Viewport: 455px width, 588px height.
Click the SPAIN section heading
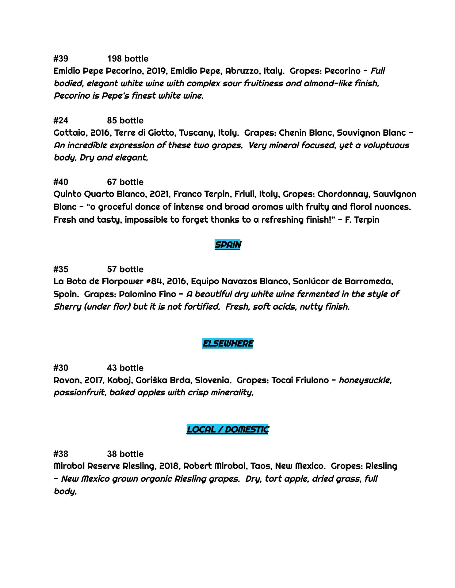point(227,245)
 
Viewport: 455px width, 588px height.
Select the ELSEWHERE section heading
point(227,343)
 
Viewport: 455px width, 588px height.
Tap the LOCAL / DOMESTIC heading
point(227,429)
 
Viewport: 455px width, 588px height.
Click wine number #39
point(61,58)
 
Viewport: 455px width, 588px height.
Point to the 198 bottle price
point(128,58)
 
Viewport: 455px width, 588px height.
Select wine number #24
point(61,120)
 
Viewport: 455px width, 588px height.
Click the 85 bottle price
point(125,120)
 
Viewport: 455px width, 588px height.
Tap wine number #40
point(61,182)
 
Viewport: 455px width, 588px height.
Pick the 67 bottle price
point(125,182)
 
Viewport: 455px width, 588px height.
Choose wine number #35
point(61,269)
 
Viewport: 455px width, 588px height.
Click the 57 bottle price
point(125,269)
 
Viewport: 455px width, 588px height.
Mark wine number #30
point(61,368)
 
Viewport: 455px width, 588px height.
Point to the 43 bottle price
point(125,368)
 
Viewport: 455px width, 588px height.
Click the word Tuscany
point(197,133)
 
